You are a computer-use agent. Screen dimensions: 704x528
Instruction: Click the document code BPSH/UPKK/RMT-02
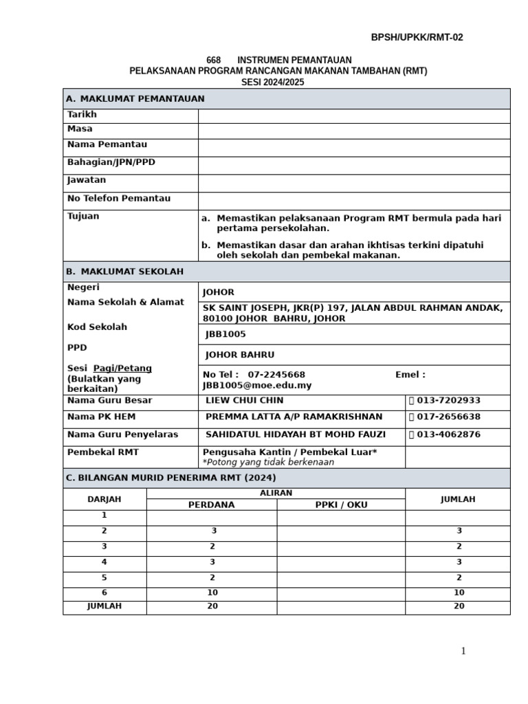[417, 38]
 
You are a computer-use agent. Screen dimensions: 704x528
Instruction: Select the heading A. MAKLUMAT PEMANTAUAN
[135, 99]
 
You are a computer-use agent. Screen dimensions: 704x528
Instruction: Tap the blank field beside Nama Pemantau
[354, 148]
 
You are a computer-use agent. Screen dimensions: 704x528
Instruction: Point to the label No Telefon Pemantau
[119, 199]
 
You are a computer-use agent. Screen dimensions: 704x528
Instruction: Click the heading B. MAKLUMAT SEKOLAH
[124, 272]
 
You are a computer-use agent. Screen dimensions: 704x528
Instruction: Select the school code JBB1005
[225, 334]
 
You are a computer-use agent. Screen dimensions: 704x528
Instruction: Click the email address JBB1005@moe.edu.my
[256, 386]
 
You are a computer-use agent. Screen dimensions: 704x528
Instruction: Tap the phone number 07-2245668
[276, 375]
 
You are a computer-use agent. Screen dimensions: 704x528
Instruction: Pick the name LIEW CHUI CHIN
[245, 401]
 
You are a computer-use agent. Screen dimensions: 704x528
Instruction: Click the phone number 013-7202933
[449, 401]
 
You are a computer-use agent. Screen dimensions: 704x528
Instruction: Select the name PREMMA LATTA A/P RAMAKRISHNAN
[294, 417]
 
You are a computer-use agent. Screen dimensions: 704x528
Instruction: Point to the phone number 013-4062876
[449, 434]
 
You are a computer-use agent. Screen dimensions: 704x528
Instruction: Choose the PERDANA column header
[212, 505]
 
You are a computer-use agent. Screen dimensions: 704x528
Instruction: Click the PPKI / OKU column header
[341, 505]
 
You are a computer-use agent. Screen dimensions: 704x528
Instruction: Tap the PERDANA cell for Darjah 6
[212, 593]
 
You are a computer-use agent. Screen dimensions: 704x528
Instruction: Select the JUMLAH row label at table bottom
[104, 606]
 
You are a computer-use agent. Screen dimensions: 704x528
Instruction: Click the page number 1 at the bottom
[463, 651]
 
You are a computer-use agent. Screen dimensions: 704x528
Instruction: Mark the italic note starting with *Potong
[268, 462]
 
